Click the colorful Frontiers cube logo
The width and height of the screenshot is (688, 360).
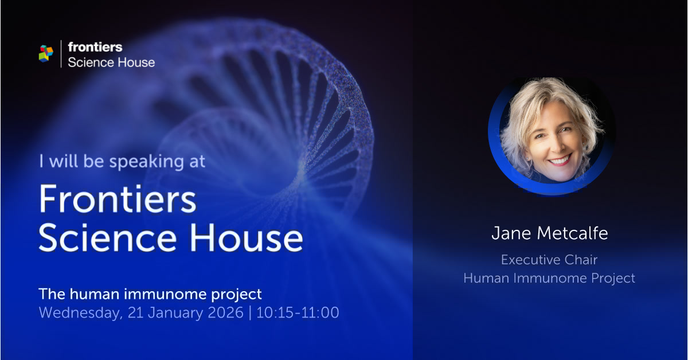[46, 53]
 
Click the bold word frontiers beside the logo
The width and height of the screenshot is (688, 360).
[95, 47]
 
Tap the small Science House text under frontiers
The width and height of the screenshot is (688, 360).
[111, 62]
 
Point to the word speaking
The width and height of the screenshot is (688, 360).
[145, 162]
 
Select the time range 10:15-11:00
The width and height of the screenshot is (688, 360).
[298, 313]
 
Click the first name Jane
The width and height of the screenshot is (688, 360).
[507, 233]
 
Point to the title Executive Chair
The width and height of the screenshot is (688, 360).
[549, 260]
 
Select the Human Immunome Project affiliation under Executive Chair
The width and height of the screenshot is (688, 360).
[549, 278]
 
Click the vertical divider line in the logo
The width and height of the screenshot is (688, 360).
[61, 54]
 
